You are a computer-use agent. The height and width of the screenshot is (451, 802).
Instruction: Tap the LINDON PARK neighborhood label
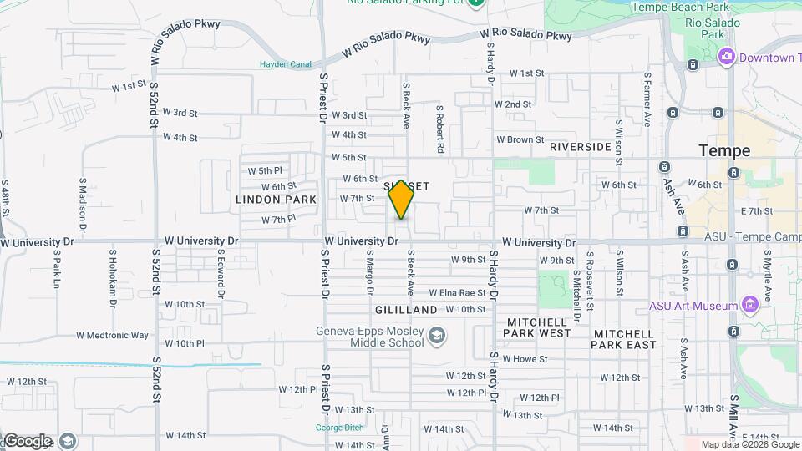pos(276,200)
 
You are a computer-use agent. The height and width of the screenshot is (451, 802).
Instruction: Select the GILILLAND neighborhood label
pos(408,310)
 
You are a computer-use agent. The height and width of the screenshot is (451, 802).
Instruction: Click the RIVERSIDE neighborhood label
pos(581,147)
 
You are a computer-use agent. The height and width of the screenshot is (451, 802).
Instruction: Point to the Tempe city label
pos(724,151)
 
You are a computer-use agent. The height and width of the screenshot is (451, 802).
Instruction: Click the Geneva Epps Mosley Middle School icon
pos(435,337)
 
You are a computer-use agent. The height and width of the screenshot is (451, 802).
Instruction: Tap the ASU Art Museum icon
pos(749,306)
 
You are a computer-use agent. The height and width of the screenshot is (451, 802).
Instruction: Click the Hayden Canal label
pos(285,64)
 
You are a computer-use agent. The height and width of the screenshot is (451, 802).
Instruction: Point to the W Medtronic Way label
pos(112,336)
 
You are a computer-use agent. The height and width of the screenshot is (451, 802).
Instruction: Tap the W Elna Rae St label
pos(457,293)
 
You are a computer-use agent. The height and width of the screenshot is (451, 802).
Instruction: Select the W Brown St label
pos(520,140)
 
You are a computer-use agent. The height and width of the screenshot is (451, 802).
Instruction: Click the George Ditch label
pos(339,428)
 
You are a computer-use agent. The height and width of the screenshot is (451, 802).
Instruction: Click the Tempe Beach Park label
pos(680,7)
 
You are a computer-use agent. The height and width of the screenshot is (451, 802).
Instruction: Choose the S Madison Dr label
pos(84,203)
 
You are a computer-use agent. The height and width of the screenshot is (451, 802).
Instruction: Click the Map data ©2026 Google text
pos(750,444)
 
